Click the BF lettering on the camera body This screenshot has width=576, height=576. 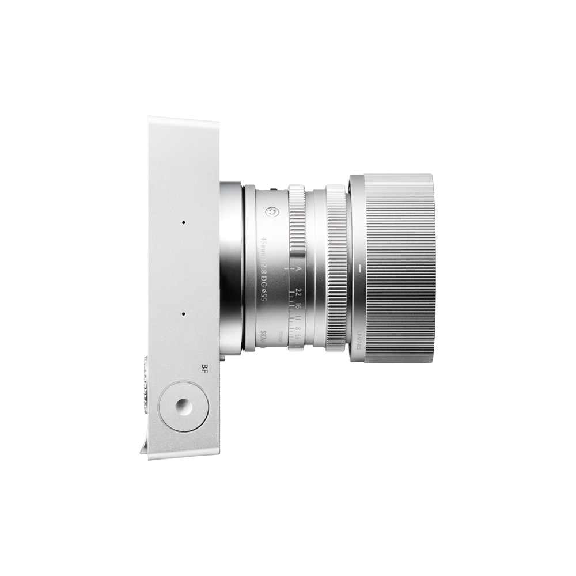200,370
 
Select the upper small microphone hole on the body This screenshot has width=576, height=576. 183,222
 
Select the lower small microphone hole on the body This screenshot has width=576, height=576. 183,314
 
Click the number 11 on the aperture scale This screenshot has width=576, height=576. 297,320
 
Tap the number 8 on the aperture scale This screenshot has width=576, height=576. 297,330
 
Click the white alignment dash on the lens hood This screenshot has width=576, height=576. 358,269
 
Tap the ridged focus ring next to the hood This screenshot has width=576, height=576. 336,268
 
